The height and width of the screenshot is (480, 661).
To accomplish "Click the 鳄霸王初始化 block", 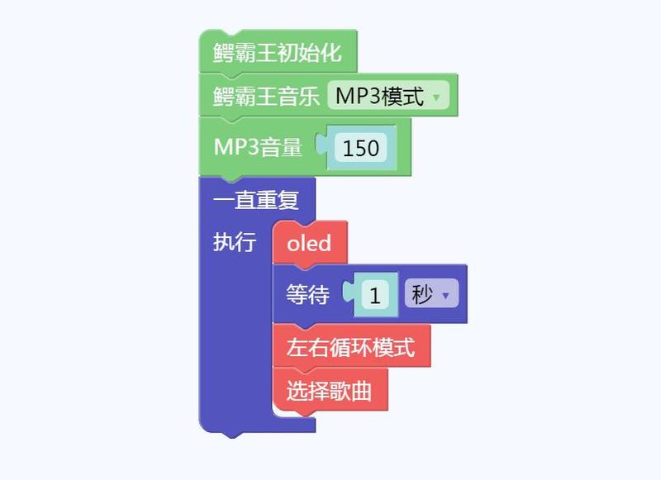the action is pyautogui.click(x=278, y=51).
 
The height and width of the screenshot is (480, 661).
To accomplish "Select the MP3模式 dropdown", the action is pyautogui.click(x=388, y=96).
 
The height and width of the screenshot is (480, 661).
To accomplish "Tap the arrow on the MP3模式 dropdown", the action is pyautogui.click(x=436, y=97).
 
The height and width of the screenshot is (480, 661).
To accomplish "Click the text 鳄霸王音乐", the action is pyautogui.click(x=266, y=96).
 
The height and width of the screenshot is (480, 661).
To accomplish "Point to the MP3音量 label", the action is pyautogui.click(x=258, y=147).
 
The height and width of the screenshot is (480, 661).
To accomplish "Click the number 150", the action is pyautogui.click(x=361, y=148).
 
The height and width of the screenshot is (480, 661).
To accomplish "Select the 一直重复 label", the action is pyautogui.click(x=256, y=200).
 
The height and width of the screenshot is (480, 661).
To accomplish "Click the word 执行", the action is pyautogui.click(x=235, y=242).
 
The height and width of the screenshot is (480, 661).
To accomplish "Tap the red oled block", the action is pyautogui.click(x=310, y=243).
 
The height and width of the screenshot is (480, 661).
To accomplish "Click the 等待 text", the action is pyautogui.click(x=307, y=294).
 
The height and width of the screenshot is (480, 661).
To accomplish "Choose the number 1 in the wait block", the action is pyautogui.click(x=375, y=296).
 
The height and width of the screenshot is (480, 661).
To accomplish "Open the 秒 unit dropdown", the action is pyautogui.click(x=431, y=293).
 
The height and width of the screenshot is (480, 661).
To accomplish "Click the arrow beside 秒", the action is pyautogui.click(x=445, y=296).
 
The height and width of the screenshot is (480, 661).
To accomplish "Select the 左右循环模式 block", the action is pyautogui.click(x=352, y=346).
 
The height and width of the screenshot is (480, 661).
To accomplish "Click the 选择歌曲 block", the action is pyautogui.click(x=330, y=390).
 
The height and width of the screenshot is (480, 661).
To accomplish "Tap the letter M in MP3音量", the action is pyautogui.click(x=224, y=147).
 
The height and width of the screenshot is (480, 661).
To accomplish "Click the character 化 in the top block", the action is pyautogui.click(x=331, y=52).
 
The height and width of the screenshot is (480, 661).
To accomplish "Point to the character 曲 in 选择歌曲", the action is pyautogui.click(x=361, y=390).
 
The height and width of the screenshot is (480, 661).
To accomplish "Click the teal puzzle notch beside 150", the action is pyautogui.click(x=322, y=144).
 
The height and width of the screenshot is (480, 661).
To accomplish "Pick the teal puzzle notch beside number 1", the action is pyautogui.click(x=349, y=291).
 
